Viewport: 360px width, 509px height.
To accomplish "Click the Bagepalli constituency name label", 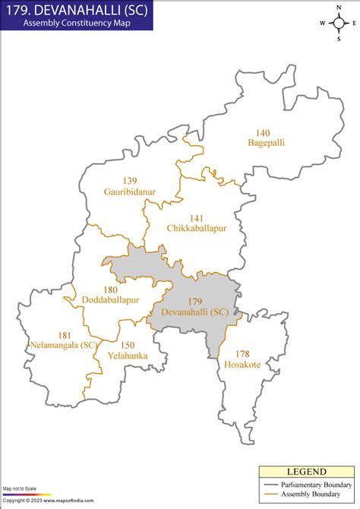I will click(x=266, y=142).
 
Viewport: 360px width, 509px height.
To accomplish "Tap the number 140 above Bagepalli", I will click(x=263, y=132).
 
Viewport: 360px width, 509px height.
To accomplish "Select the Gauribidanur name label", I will click(x=130, y=191).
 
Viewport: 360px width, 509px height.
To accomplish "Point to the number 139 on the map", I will click(x=130, y=181).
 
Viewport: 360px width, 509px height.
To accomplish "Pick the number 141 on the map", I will click(x=196, y=217).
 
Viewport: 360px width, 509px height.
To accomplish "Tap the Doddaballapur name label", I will click(x=111, y=300).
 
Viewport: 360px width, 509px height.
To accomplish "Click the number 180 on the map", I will click(x=111, y=289).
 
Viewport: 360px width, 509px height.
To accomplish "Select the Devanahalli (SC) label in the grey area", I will click(x=195, y=311).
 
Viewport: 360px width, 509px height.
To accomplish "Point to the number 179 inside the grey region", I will click(x=195, y=301).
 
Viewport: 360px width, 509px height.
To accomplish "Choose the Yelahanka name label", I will click(x=128, y=355).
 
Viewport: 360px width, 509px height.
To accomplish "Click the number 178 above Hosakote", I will click(x=242, y=354).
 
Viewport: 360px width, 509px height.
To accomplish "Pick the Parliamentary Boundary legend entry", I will click(x=309, y=484).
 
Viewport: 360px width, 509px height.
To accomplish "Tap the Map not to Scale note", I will click(x=19, y=488).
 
